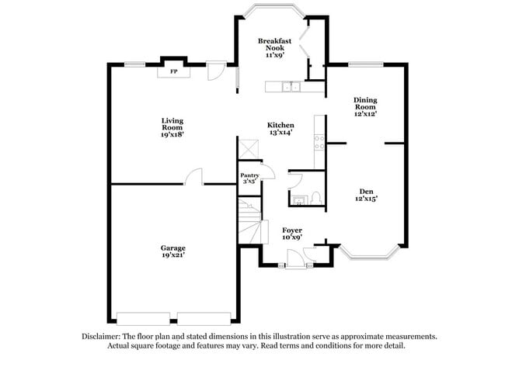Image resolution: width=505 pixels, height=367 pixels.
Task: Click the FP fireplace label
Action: (x=173, y=71)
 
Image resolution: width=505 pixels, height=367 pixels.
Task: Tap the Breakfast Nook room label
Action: (x=275, y=44)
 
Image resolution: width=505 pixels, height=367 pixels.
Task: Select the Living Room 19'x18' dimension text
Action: (x=172, y=134)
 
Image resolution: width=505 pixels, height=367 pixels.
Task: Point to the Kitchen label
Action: (x=280, y=125)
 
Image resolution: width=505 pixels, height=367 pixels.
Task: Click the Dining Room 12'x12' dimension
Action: (x=366, y=114)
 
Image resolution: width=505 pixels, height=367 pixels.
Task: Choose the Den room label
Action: (x=366, y=192)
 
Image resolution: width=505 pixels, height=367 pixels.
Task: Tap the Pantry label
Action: (x=249, y=175)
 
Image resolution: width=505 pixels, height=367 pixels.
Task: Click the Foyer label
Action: (x=292, y=230)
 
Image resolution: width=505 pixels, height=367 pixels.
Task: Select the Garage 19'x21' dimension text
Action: (x=173, y=255)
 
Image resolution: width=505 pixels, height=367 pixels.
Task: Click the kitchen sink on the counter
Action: (x=291, y=87)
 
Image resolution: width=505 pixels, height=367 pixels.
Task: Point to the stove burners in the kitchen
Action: (x=319, y=143)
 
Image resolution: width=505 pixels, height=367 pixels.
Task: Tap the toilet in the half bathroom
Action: (x=317, y=198)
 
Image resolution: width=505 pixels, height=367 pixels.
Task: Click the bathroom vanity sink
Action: (x=299, y=199)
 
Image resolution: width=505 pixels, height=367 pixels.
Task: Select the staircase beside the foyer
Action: (x=252, y=221)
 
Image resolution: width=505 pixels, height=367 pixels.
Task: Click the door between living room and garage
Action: (x=194, y=177)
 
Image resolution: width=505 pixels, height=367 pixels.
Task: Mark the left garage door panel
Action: (x=143, y=318)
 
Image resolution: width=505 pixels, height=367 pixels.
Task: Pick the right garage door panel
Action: (x=204, y=318)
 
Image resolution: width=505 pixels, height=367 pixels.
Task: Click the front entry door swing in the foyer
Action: (x=296, y=258)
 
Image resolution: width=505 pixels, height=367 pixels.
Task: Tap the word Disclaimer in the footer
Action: (x=101, y=337)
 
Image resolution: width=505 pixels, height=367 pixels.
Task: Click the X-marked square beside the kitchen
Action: (x=249, y=149)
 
